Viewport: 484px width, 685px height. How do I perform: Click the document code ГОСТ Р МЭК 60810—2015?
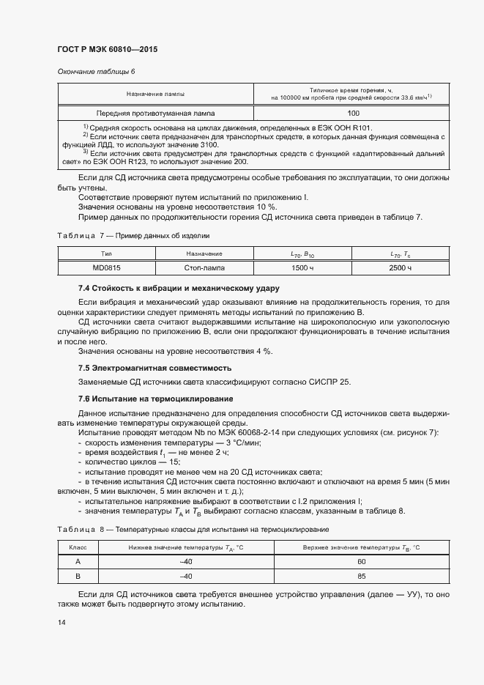107,50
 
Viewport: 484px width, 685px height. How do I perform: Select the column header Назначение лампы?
155,95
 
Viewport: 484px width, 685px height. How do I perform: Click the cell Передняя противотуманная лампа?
155,114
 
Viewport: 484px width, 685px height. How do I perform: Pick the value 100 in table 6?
353,114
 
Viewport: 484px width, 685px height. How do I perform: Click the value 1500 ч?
302,268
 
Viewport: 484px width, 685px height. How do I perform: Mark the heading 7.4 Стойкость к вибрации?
179,288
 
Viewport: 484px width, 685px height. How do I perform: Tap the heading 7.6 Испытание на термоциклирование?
155,399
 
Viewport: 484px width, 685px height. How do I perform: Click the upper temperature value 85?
361,576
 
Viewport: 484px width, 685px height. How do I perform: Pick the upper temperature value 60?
361,561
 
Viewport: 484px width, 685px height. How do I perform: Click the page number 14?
62,622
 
